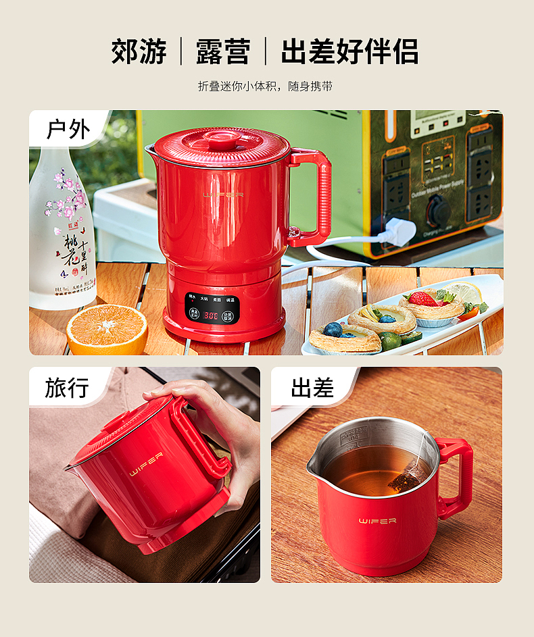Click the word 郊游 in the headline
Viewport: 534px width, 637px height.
tap(139, 52)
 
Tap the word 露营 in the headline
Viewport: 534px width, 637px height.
tap(223, 52)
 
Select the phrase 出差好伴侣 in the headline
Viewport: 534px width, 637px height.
tap(349, 52)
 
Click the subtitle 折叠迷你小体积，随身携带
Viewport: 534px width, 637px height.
tap(266, 86)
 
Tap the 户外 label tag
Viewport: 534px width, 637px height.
tap(68, 128)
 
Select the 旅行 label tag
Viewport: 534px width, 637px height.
tap(67, 388)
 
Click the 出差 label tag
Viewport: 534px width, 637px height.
tap(312, 388)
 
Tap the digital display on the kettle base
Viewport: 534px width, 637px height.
tap(211, 315)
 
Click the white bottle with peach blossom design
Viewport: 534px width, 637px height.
tap(63, 230)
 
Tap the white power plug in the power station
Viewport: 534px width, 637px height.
tap(398, 232)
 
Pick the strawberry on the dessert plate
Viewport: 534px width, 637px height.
tap(422, 299)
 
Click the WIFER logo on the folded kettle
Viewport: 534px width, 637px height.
tap(146, 464)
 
